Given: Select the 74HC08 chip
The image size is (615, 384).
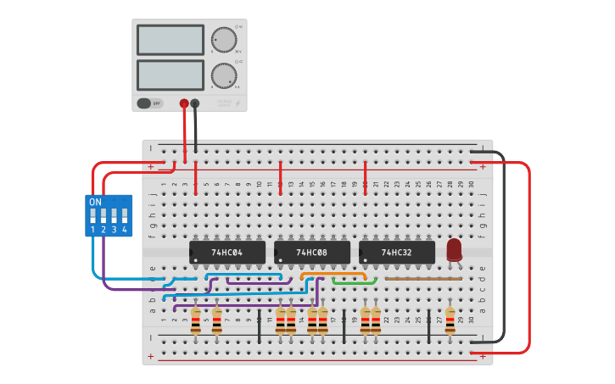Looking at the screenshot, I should pos(311,253).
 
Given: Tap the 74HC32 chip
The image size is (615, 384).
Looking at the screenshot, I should pos(396,253).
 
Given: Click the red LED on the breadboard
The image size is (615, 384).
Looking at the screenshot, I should pos(454,249).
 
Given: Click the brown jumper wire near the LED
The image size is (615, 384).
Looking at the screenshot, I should pos(423,278).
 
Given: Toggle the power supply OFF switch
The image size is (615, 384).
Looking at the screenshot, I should pos(149,103).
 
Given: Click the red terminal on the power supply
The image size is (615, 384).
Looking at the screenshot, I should pos(184,103).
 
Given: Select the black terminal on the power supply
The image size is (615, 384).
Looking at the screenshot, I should pos(195,103).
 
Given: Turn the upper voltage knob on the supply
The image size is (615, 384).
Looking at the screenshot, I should pos(223,40).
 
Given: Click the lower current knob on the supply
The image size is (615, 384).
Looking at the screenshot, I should pos(223,75).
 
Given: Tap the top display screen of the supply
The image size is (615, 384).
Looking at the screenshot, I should pos(171,40).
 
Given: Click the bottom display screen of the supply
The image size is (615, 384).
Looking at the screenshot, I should pos(171,75).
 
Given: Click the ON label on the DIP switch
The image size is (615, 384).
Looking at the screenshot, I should pos(95,202).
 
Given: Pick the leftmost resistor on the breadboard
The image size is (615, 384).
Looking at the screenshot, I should pos(196,320).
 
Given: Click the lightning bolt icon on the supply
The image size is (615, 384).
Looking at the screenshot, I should pos(238,103).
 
